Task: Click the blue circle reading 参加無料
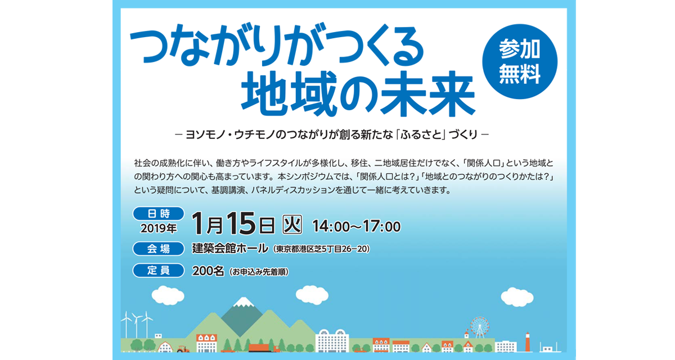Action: (520, 61)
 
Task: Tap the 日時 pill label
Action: (159, 214)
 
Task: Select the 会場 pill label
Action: (159, 249)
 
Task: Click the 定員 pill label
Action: (159, 271)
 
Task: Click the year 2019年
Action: (159, 228)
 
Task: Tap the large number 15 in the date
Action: (241, 223)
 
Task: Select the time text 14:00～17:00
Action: (357, 226)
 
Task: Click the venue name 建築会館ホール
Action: (230, 249)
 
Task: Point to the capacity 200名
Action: (208, 271)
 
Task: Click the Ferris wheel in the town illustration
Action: (479, 327)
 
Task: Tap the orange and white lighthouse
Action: (528, 342)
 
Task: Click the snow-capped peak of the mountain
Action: (244, 302)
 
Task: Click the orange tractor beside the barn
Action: (183, 349)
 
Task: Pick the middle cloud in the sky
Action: (312, 295)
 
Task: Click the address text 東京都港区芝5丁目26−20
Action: (321, 249)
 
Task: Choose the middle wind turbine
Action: (137, 325)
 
